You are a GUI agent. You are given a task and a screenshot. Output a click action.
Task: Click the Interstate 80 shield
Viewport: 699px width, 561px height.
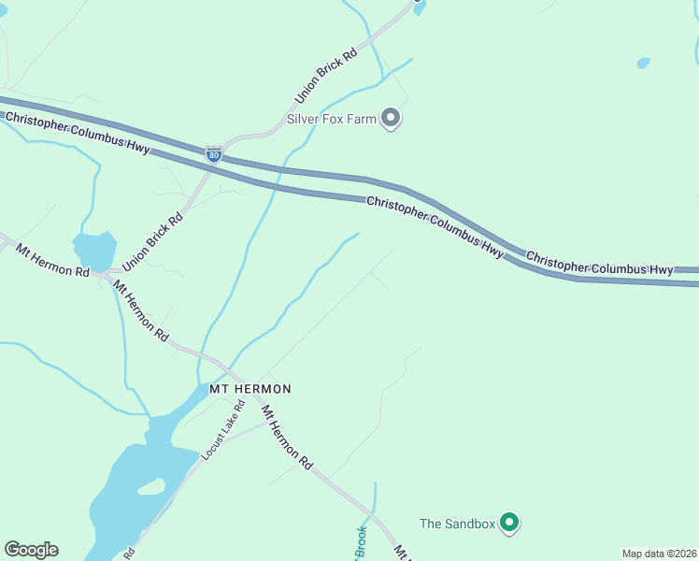click(x=214, y=154)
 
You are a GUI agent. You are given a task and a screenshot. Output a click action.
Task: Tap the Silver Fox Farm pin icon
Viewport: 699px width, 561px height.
click(x=392, y=119)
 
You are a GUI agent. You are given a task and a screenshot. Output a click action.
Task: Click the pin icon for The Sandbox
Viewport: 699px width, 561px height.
click(x=508, y=523)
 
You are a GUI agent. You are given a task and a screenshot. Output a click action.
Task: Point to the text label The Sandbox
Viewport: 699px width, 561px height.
click(x=456, y=524)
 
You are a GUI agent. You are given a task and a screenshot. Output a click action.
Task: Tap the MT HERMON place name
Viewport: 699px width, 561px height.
click(x=245, y=388)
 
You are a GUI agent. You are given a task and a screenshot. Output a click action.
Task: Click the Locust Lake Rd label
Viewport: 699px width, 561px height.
click(x=223, y=429)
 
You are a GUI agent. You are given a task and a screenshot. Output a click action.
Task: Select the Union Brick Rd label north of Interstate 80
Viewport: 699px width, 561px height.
click(x=326, y=77)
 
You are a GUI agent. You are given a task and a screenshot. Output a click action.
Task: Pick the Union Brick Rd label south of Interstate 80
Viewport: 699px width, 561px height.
click(x=151, y=240)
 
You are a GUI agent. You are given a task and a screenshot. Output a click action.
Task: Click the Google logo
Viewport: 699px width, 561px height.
click(x=31, y=550)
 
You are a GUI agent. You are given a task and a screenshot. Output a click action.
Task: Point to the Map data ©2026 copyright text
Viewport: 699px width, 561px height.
click(x=659, y=554)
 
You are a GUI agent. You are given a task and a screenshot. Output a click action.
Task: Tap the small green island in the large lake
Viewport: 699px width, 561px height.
click(x=151, y=487)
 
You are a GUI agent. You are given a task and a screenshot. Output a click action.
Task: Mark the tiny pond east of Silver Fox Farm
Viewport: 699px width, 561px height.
click(x=643, y=64)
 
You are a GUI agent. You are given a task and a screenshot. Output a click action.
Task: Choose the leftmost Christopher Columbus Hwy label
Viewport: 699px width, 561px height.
click(x=77, y=133)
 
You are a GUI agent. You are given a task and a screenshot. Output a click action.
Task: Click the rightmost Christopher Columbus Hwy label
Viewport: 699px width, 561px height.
click(x=599, y=263)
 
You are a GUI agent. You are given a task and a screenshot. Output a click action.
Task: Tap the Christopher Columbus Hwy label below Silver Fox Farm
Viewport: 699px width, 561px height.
click(x=435, y=227)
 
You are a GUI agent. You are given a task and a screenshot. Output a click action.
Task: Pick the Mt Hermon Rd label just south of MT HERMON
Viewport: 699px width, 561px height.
click(x=286, y=437)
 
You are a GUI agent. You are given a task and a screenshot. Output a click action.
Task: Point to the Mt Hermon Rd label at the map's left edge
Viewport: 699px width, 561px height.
click(x=52, y=261)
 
